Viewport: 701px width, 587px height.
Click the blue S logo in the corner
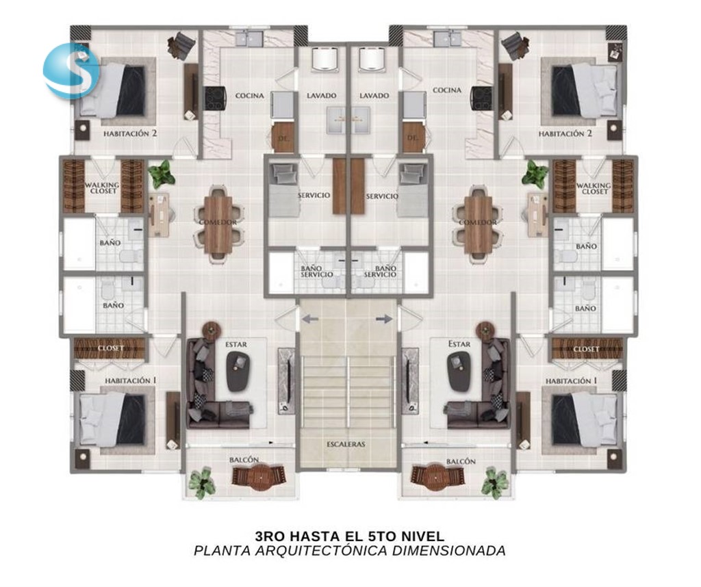pos(71,70)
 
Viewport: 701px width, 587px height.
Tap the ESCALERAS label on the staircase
pos(346,444)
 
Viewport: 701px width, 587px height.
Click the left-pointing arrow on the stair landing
pos(310,319)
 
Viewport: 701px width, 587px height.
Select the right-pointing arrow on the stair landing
pos(385,319)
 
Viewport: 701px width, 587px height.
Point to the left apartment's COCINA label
pos(249,96)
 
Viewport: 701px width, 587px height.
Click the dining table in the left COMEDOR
pos(218,224)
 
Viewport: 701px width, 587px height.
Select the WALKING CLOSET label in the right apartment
pos(594,188)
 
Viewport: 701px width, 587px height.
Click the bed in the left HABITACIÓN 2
pos(113,91)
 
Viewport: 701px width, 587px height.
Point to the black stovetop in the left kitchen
pos(215,99)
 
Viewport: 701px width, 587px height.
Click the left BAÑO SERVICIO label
pos(316,271)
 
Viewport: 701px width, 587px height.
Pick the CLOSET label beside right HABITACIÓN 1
pos(586,349)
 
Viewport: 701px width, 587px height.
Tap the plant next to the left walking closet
pos(162,174)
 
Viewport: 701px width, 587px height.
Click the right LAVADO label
pos(374,96)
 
